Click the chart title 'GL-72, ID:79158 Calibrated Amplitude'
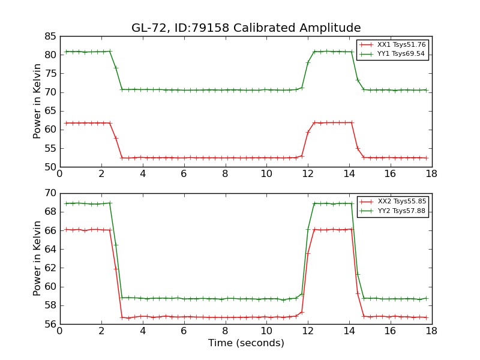[246, 28]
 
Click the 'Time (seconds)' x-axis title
[246, 343]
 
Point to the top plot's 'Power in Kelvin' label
[37, 101]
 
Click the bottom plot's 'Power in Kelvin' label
[37, 259]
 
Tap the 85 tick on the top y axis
[50, 36]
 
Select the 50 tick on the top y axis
[50, 167]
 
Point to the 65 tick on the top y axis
[50, 111]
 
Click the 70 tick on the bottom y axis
[50, 193]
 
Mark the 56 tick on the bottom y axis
[50, 324]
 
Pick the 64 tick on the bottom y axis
[50, 249]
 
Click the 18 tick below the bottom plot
[431, 331]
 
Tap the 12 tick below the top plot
[308, 174]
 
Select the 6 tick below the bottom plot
[184, 331]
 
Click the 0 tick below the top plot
[60, 174]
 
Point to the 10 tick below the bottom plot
[266, 331]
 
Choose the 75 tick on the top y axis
[50, 73]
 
